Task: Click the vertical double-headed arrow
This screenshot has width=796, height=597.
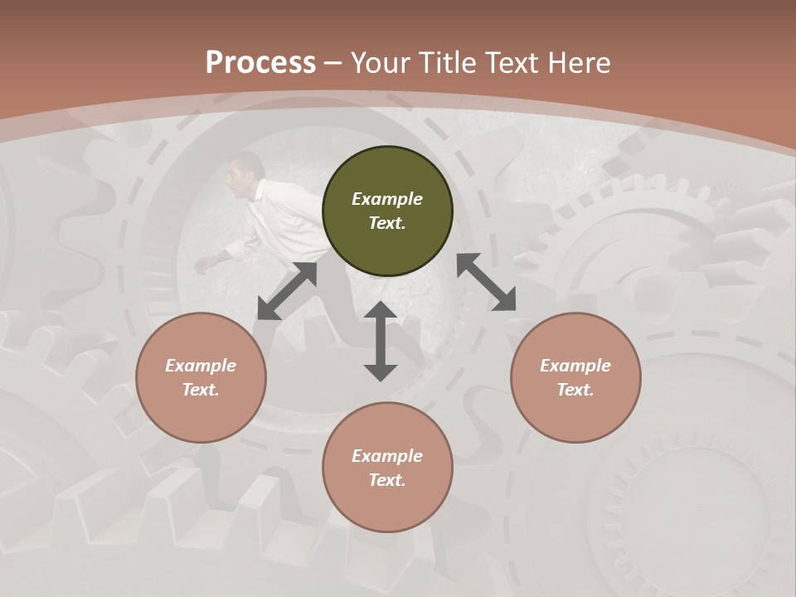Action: coord(381,341)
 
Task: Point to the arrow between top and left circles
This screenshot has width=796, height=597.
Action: coord(287,291)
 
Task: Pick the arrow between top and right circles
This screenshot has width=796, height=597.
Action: coord(486,282)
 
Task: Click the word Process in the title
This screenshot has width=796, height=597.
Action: coord(260,62)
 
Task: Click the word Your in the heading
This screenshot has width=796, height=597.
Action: coord(381,62)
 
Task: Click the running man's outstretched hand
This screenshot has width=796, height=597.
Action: coord(202,265)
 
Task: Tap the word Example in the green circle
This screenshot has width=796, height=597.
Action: coord(387,199)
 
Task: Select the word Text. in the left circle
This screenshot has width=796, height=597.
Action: coord(201,390)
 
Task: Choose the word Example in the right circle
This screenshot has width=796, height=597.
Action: coord(575,366)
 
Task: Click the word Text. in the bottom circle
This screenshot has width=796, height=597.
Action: coord(387,480)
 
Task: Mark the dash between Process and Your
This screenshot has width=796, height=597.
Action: coord(333,63)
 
